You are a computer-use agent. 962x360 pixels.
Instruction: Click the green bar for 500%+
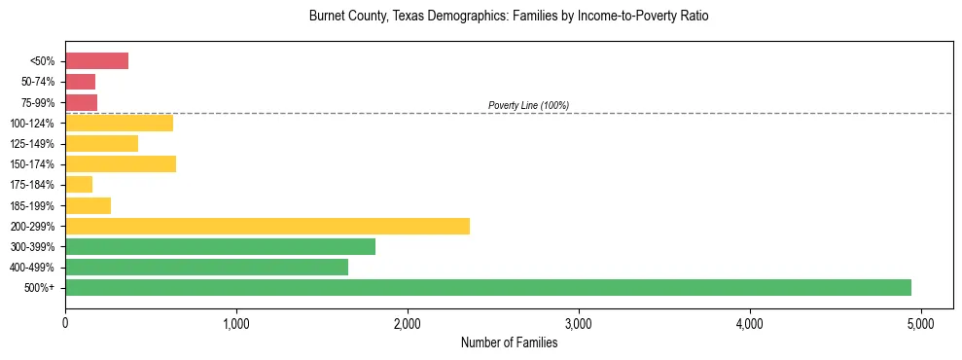(x=488, y=287)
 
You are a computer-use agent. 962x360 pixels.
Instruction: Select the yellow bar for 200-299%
(x=267, y=226)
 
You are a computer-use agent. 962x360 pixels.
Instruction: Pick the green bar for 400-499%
(x=206, y=267)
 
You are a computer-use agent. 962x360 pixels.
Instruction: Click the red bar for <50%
(x=96, y=61)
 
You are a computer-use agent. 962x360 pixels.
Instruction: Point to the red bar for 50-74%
(x=80, y=82)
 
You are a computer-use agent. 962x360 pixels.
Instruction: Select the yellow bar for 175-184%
(x=79, y=185)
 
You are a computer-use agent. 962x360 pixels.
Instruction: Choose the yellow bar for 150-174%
(x=121, y=163)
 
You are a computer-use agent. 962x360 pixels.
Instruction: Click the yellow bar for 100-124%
(x=119, y=123)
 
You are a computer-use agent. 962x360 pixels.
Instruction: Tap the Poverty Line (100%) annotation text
(x=528, y=105)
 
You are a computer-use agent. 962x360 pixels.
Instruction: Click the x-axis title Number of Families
(x=509, y=342)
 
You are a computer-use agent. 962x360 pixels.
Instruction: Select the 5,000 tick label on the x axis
(x=920, y=323)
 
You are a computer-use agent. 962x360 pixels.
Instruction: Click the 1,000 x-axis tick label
(x=236, y=323)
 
